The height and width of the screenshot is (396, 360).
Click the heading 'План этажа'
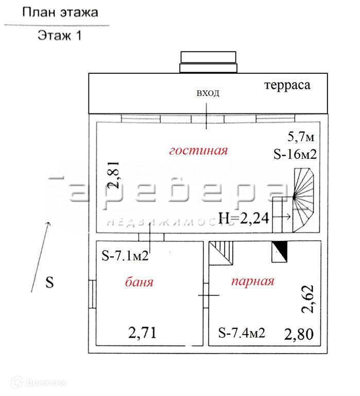60,12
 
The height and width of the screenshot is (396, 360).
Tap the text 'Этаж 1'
60,36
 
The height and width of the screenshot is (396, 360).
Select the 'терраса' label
287,85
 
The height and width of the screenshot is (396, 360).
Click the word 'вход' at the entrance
208,93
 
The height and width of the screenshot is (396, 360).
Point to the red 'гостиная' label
199,151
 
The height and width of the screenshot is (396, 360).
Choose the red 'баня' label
140,282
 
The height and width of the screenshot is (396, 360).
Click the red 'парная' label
252,282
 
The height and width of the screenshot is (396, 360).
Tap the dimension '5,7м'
301,137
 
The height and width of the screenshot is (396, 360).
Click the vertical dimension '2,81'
116,174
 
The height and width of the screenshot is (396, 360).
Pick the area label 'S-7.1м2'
126,255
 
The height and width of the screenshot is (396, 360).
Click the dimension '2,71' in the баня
142,333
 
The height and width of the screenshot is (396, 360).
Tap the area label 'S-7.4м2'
241,333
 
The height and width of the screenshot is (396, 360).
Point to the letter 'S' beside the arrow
49,283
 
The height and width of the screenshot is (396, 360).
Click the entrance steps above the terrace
208,62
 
